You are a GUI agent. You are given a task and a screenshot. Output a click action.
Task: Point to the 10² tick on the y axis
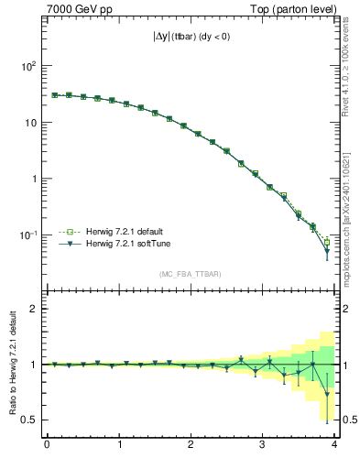28,66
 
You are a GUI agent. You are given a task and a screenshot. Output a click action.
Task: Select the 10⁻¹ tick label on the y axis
28,234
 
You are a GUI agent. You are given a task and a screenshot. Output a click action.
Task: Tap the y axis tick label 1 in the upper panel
34,179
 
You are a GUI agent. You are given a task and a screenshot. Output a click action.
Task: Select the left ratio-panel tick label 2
34,309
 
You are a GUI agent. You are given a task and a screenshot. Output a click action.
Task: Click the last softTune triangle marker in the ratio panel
327,395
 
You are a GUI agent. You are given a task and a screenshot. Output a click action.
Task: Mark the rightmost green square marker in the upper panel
327,243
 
